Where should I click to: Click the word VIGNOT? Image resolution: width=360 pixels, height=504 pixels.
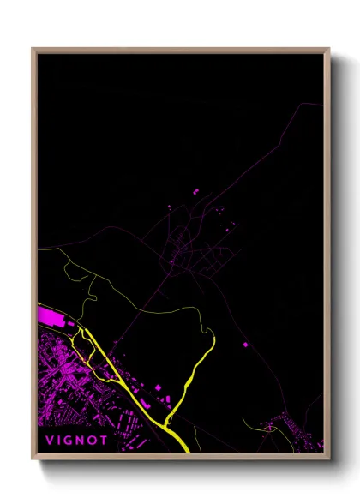click(x=77, y=441)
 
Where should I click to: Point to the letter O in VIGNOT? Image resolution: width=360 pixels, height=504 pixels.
click(x=94, y=441)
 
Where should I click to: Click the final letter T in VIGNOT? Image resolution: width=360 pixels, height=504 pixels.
click(x=105, y=441)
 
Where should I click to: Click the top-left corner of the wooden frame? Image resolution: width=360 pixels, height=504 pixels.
click(x=33, y=49)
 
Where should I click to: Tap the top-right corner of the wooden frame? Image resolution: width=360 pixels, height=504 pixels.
click(x=329, y=49)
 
